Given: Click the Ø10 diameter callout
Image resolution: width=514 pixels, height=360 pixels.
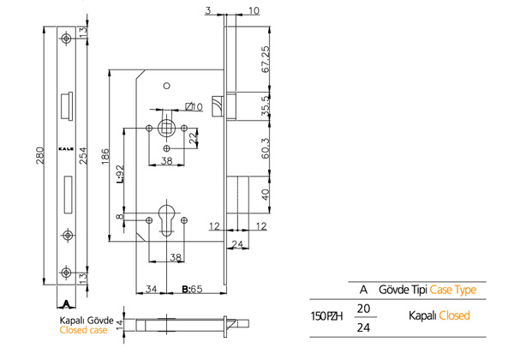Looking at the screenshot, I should click(194, 107).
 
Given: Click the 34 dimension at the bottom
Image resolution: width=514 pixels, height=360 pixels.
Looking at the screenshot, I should click(151, 290).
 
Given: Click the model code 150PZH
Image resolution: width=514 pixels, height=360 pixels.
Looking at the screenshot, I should click(326, 315).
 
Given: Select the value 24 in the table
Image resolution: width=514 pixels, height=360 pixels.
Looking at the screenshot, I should click(364, 327).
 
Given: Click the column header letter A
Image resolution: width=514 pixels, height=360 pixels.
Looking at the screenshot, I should click(364, 290).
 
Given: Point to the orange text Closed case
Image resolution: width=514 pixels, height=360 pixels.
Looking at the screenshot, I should click(83, 328).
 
